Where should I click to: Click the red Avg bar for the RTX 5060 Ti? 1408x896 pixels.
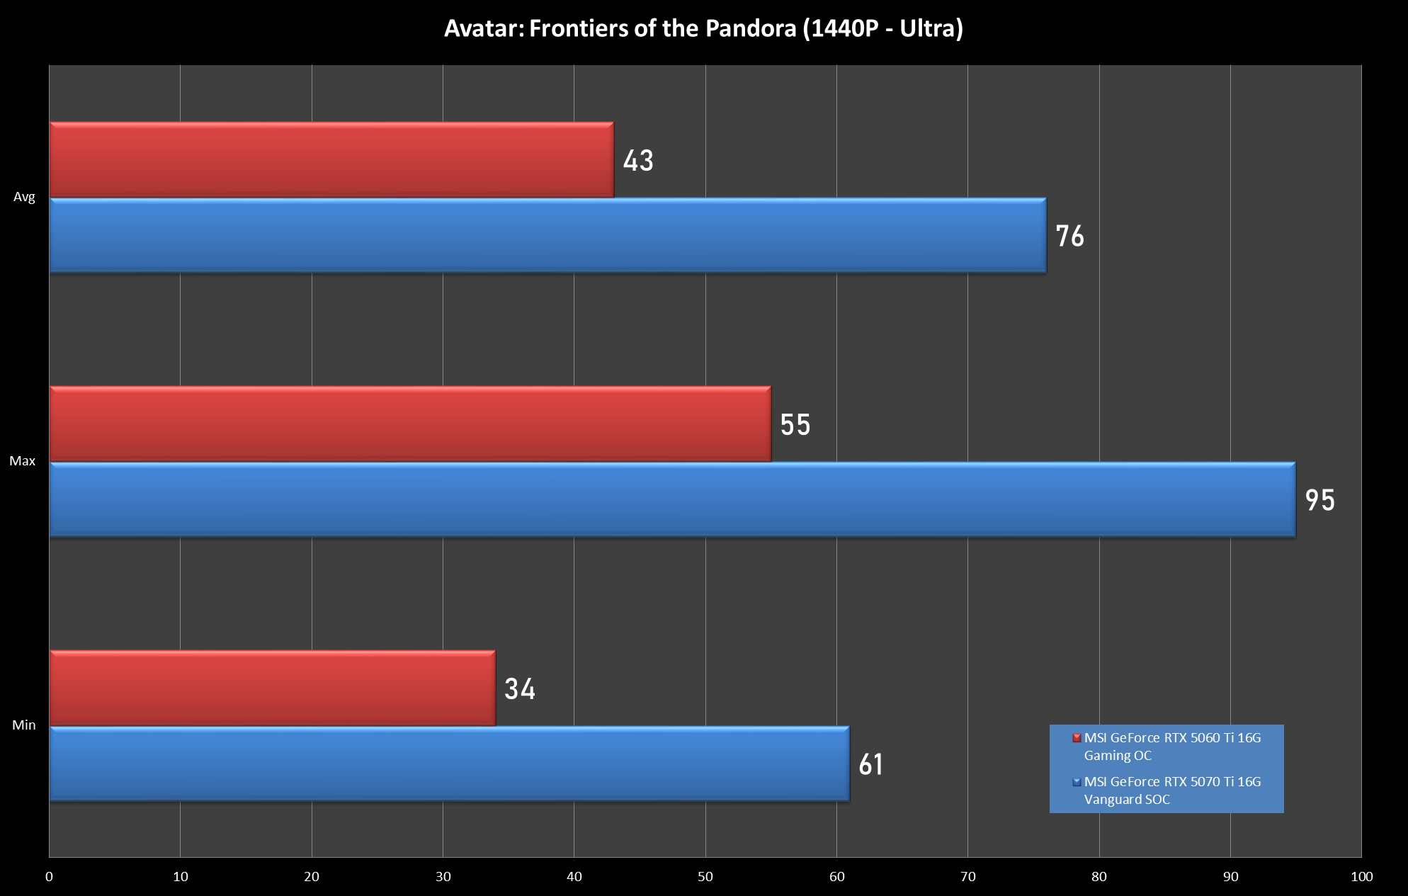(x=331, y=159)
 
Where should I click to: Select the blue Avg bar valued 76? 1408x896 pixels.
(x=547, y=235)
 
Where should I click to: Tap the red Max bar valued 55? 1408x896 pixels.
(x=410, y=424)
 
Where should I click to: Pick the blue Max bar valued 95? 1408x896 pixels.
(x=672, y=499)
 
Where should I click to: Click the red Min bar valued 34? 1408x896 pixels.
(x=272, y=688)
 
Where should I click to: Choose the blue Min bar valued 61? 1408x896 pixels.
(x=449, y=764)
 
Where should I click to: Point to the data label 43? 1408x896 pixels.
(x=638, y=161)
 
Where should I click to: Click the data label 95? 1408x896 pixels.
(x=1320, y=500)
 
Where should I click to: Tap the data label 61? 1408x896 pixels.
(x=871, y=764)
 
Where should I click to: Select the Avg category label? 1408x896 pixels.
(x=24, y=197)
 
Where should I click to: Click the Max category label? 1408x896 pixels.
(x=23, y=461)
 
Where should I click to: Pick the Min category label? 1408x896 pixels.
(x=23, y=725)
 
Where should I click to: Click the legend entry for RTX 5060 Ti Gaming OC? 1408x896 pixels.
(x=1172, y=747)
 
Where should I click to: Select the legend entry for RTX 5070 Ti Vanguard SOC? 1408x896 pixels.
(x=1172, y=790)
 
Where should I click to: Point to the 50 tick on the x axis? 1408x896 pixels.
(x=705, y=877)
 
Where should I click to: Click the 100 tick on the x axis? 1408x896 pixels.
(x=1361, y=877)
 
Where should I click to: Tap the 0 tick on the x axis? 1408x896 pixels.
(x=49, y=877)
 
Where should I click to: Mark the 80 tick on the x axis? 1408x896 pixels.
(x=1099, y=877)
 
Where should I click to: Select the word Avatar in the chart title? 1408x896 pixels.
(x=483, y=28)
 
